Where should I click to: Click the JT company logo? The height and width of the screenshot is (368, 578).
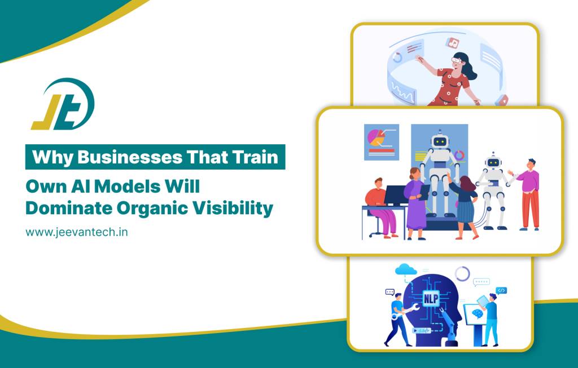63,104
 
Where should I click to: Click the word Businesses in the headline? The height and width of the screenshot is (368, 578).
130,157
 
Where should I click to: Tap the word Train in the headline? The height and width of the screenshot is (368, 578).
255,157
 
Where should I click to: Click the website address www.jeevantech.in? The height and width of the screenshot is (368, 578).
77,232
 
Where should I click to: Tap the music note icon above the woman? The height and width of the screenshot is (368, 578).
452,43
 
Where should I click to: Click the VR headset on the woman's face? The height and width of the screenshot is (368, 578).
457,60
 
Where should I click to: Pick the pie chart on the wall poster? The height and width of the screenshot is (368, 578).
376,137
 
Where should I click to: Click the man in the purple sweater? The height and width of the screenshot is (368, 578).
528,194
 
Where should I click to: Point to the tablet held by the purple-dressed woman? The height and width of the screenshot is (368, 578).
424,192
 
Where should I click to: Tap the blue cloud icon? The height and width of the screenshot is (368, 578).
406,270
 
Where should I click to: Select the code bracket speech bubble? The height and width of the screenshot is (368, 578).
501,291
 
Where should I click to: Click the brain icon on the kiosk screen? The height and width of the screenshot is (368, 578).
478,313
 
